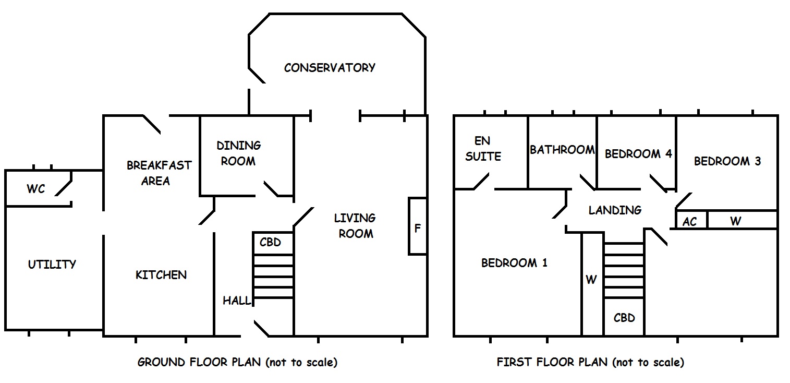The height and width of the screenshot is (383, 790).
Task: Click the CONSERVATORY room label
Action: click(x=330, y=68)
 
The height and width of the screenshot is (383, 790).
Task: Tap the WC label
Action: click(x=36, y=189)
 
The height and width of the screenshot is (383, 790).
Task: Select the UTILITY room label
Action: click(x=52, y=265)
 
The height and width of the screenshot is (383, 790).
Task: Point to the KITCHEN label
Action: click(x=161, y=275)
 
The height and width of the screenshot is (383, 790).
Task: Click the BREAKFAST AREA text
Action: click(x=159, y=173)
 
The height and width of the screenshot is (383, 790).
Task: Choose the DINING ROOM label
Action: click(x=239, y=153)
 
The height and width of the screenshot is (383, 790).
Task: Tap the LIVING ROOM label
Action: click(x=355, y=226)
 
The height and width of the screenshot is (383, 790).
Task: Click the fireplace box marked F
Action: click(x=418, y=226)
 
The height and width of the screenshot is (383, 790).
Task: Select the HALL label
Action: click(x=237, y=301)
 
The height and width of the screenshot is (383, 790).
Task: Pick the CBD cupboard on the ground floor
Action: click(x=273, y=243)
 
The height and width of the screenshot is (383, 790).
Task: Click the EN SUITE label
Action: click(x=483, y=149)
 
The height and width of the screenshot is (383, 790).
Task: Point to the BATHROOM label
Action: click(x=562, y=150)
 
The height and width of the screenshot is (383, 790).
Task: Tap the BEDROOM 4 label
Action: click(x=638, y=154)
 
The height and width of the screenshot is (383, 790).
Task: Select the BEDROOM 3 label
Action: click(x=727, y=161)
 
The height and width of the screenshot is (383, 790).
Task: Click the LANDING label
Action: click(x=615, y=210)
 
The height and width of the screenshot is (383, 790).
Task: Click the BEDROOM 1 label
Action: click(x=514, y=263)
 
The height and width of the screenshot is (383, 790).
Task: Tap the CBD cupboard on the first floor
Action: click(x=624, y=317)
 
